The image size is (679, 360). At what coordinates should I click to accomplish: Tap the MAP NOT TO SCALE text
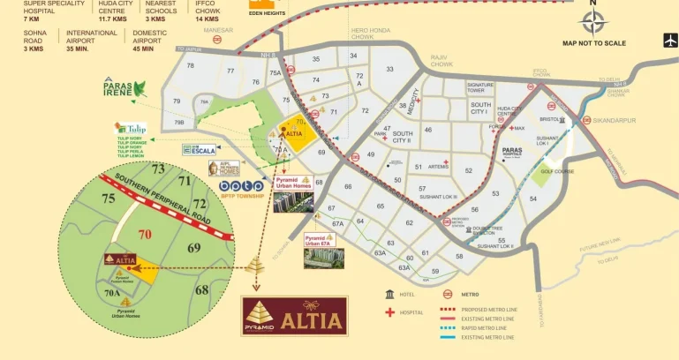[x=593, y=43]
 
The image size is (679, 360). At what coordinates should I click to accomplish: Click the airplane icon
[x=669, y=40]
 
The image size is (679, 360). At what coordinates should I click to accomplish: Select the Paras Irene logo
[x=124, y=86]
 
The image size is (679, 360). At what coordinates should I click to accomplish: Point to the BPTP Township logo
[x=241, y=187]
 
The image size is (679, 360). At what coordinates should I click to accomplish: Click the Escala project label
[x=200, y=150]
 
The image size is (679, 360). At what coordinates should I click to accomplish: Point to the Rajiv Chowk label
[x=441, y=61]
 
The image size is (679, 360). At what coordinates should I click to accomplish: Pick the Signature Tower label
[x=480, y=87]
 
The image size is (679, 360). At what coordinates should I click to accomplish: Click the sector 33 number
[x=389, y=69]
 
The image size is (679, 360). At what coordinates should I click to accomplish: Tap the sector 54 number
[x=532, y=199]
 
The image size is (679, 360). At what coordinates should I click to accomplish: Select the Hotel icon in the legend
[x=389, y=294]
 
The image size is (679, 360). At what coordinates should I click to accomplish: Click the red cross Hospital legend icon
[x=389, y=311]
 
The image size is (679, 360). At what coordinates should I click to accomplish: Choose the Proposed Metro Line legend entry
[x=487, y=310]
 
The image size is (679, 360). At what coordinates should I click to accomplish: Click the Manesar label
[x=218, y=30]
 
